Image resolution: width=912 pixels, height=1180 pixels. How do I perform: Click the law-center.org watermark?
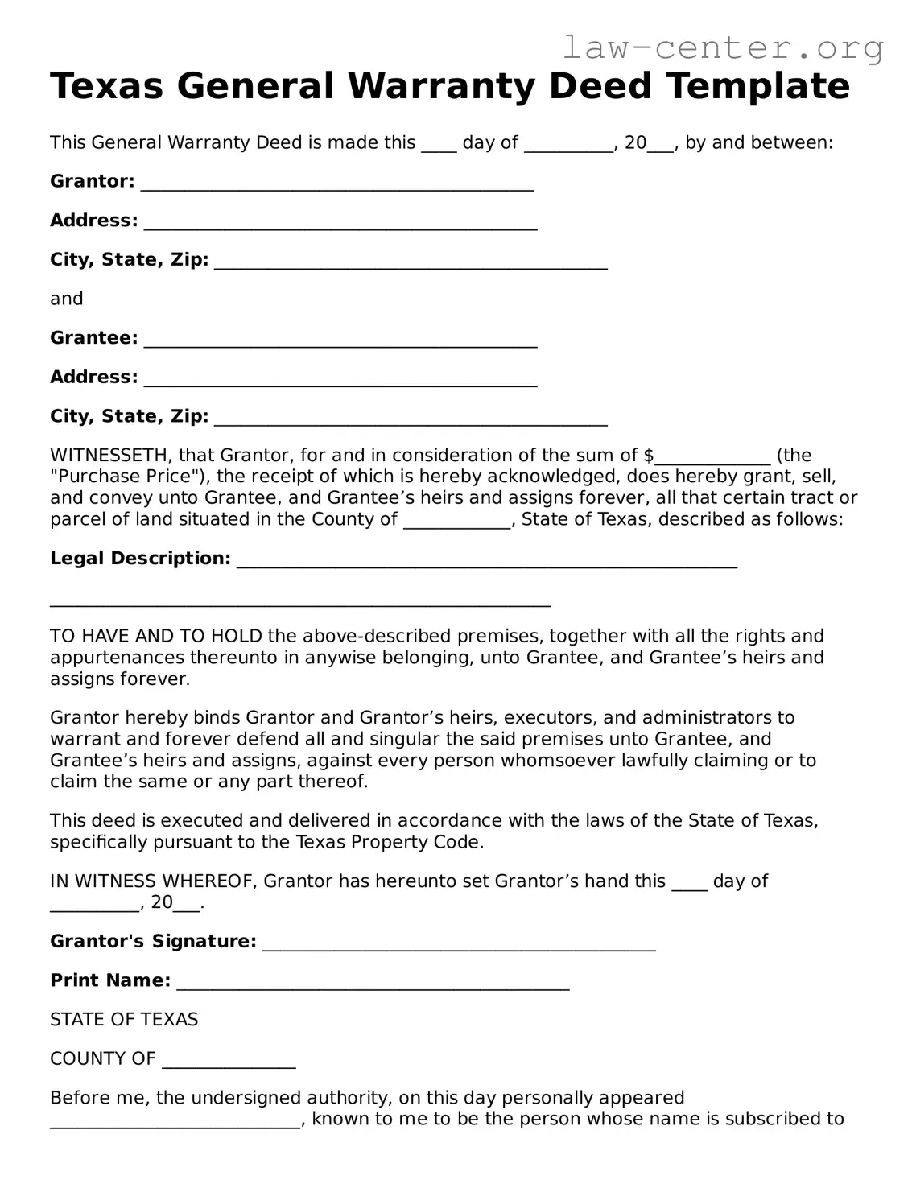(x=723, y=48)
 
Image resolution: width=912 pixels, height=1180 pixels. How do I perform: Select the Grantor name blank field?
(x=337, y=184)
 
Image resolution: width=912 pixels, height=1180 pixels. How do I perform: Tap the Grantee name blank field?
(x=340, y=340)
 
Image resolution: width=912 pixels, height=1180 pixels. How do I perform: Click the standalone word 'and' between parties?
(x=67, y=299)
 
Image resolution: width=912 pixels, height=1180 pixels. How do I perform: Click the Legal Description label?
(x=140, y=559)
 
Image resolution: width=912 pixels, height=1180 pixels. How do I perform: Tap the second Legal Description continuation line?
(x=300, y=600)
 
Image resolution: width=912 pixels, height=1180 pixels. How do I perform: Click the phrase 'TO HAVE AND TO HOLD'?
(x=156, y=637)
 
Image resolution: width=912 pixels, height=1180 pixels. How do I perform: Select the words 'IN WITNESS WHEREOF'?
(x=153, y=881)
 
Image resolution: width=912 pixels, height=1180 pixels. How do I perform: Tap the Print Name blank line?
(x=373, y=983)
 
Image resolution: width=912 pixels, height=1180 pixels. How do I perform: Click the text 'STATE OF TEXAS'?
(x=124, y=1020)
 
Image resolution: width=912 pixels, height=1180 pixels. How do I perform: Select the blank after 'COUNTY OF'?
(x=229, y=1062)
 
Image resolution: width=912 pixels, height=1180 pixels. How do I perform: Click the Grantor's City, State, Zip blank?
(x=411, y=262)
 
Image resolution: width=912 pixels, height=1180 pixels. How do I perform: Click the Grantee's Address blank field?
(x=340, y=380)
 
